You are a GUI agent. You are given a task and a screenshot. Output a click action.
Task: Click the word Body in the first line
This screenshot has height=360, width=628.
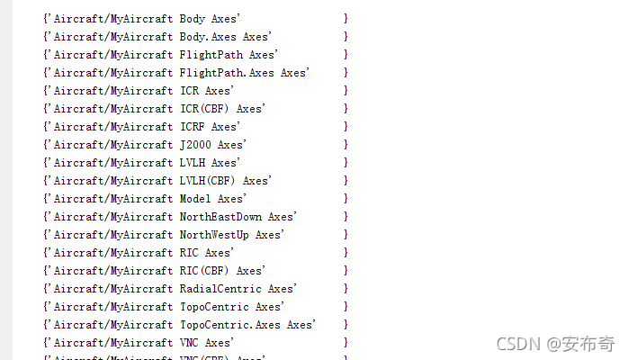click(193, 19)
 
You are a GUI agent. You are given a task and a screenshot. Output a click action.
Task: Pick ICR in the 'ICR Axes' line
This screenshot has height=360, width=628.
click(189, 91)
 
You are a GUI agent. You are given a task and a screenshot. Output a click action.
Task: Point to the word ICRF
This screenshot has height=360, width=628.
click(193, 127)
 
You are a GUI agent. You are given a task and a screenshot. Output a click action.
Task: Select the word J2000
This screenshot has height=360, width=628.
click(195, 145)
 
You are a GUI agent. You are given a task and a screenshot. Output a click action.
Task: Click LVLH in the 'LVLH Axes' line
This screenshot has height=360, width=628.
click(193, 163)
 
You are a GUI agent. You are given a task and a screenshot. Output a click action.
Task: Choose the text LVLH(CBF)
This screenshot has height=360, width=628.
click(208, 181)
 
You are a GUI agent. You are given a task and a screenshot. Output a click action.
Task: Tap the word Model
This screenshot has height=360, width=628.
click(195, 199)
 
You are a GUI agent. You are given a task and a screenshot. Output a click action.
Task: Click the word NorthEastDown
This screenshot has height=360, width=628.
click(220, 217)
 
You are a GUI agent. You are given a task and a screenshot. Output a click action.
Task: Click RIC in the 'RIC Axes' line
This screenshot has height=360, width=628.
click(189, 253)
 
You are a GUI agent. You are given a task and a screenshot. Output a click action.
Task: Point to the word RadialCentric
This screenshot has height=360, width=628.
click(220, 289)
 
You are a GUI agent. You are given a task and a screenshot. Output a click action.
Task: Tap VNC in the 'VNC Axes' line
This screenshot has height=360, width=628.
click(189, 343)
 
